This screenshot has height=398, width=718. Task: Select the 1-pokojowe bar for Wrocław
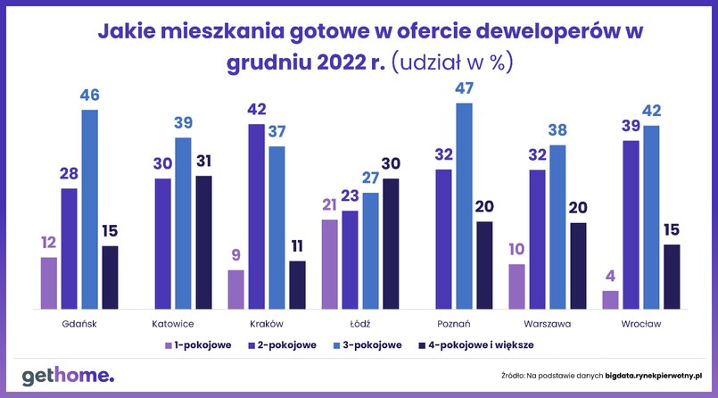click(610, 300)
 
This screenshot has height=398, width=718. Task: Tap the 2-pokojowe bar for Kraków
click(256, 217)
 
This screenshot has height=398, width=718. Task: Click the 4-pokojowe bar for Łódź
click(391, 244)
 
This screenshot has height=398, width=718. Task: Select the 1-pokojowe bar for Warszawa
click(516, 286)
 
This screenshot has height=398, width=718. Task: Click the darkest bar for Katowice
click(204, 242)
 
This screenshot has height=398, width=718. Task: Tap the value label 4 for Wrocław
click(610, 277)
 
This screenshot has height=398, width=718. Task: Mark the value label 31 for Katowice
click(204, 162)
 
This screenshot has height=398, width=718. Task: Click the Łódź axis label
click(359, 323)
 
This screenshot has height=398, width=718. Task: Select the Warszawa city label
click(547, 323)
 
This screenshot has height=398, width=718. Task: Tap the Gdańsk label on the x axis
click(79, 323)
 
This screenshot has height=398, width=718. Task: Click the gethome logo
click(68, 376)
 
